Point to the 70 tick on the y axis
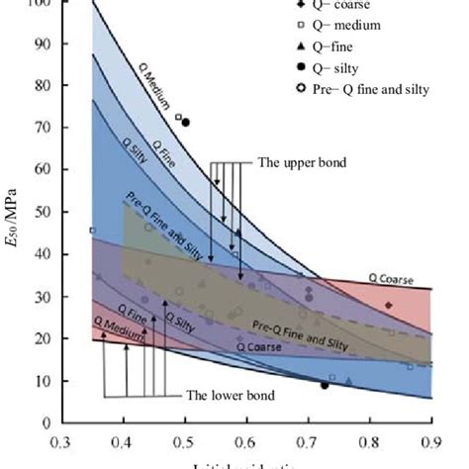tap(63, 128)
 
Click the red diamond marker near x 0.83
tap(389, 305)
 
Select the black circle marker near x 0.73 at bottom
tap(325, 385)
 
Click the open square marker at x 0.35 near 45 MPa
tap(93, 231)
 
